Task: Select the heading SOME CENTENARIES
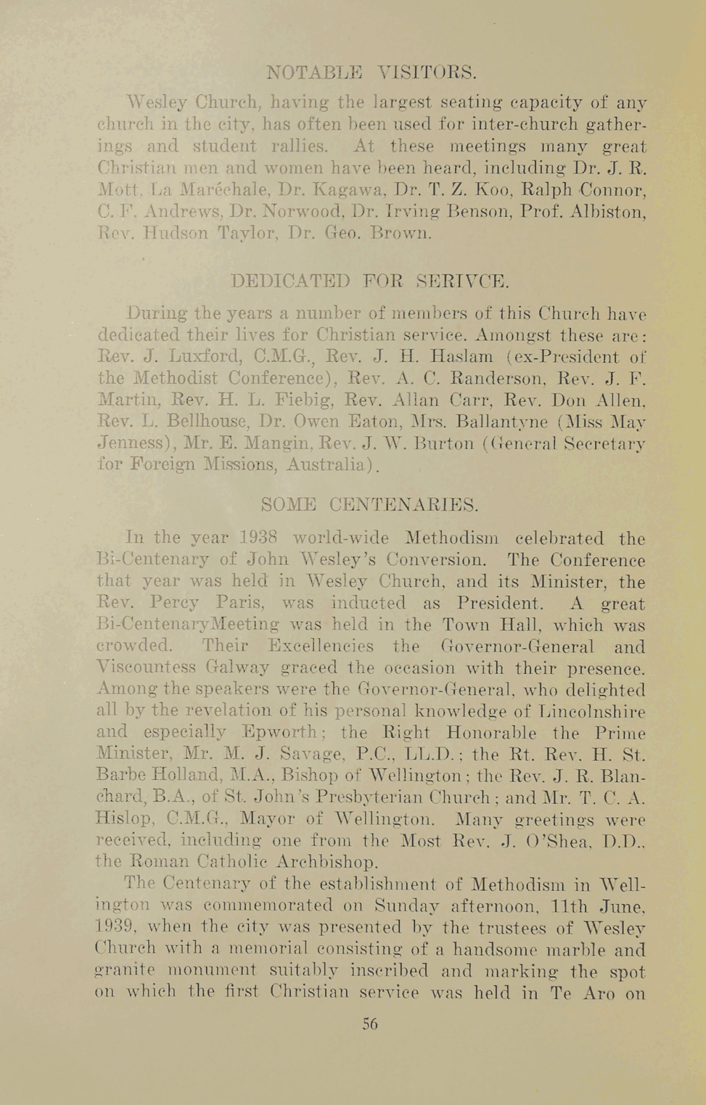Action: point(370,505)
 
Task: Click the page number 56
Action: point(370,1023)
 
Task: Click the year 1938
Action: point(260,538)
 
